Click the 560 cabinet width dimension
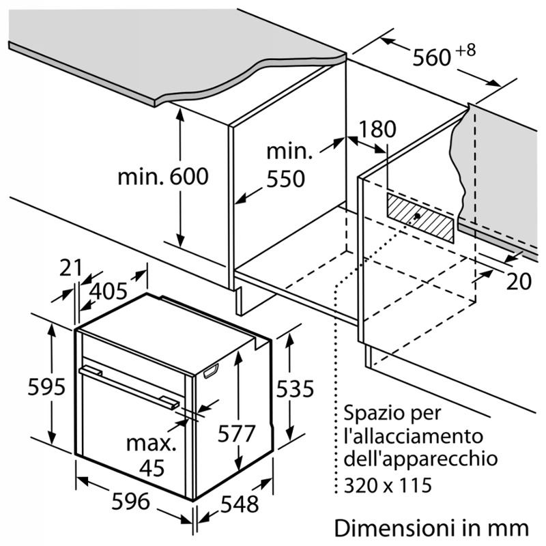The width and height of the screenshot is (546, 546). (432, 57)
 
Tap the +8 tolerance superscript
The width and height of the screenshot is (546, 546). (465, 50)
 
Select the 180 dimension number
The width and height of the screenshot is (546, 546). (377, 129)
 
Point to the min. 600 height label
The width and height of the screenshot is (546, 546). (163, 177)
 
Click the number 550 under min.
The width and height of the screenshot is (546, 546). (285, 179)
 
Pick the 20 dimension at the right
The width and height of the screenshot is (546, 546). (519, 281)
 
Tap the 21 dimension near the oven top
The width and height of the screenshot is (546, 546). (70, 268)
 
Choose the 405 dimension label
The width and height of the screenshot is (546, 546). (108, 291)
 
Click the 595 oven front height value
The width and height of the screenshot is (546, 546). (46, 386)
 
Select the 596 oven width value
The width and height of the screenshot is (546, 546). (130, 502)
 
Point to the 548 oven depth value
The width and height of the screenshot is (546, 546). (240, 504)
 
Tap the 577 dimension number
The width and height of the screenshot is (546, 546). (237, 434)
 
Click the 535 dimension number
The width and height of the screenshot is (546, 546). (295, 388)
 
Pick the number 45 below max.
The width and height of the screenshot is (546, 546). (152, 468)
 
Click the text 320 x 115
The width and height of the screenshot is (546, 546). (388, 485)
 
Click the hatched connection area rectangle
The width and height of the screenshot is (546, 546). (420, 218)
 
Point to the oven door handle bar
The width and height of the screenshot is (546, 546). (130, 386)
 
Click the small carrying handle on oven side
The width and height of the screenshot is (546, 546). (211, 371)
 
